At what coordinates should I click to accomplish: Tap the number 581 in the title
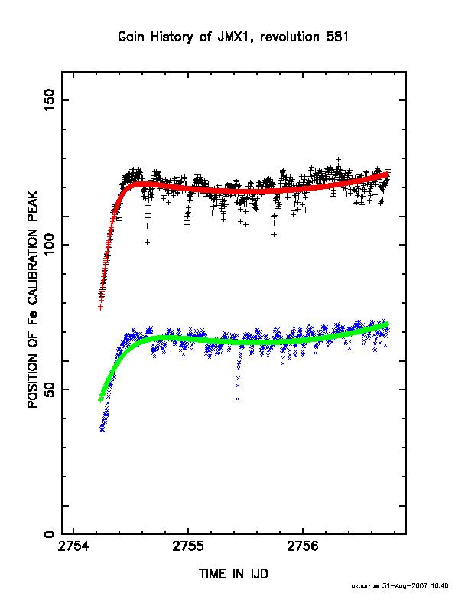pyautogui.click(x=336, y=37)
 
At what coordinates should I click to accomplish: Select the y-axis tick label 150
pyautogui.click(x=50, y=99)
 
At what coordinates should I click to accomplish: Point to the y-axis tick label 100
pyautogui.click(x=50, y=245)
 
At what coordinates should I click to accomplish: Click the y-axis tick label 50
pyautogui.click(x=50, y=389)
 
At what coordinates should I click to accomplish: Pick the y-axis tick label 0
pyautogui.click(x=50, y=534)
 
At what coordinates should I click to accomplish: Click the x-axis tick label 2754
pyautogui.click(x=73, y=546)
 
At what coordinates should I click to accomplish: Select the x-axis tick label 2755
pyautogui.click(x=188, y=546)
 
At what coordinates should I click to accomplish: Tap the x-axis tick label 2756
pyautogui.click(x=303, y=546)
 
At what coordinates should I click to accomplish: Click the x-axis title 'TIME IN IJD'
pyautogui.click(x=233, y=574)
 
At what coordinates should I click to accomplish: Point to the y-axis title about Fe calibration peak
pyautogui.click(x=33, y=299)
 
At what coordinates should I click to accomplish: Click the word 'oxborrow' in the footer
pyautogui.click(x=366, y=586)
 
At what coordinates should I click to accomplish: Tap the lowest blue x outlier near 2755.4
pyautogui.click(x=237, y=399)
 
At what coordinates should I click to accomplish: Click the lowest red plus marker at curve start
pyautogui.click(x=100, y=308)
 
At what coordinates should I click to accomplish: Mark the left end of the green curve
pyautogui.click(x=100, y=400)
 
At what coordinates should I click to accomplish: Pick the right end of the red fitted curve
pyautogui.click(x=387, y=174)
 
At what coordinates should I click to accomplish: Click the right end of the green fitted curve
pyautogui.click(x=387, y=324)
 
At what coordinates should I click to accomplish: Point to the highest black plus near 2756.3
pyautogui.click(x=338, y=159)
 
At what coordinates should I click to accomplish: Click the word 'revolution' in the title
pyautogui.click(x=290, y=37)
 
